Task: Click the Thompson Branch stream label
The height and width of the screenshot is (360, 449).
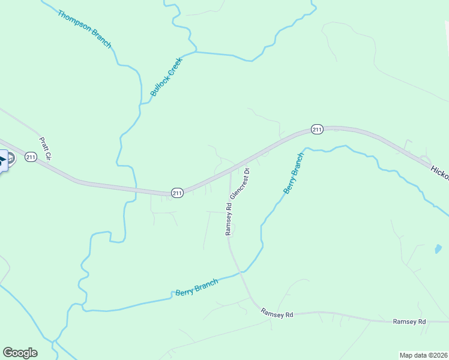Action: pyautogui.click(x=85, y=29)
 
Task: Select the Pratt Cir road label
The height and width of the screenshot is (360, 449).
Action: pyautogui.click(x=46, y=149)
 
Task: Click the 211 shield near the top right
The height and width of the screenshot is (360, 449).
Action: pyautogui.click(x=318, y=129)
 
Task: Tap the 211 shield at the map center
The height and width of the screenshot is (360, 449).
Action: pyautogui.click(x=177, y=193)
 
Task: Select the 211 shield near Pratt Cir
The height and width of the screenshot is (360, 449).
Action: pyautogui.click(x=31, y=157)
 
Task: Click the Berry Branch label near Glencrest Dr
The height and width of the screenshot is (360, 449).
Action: pyautogui.click(x=294, y=173)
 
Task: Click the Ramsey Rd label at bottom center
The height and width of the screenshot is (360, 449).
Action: pyautogui.click(x=277, y=314)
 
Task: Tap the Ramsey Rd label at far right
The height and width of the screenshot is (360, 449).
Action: pyautogui.click(x=409, y=322)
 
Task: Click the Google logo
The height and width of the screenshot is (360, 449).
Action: pyautogui.click(x=20, y=353)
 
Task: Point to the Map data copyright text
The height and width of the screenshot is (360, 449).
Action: pyautogui.click(x=423, y=355)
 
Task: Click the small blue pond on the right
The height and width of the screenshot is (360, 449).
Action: pyautogui.click(x=437, y=249)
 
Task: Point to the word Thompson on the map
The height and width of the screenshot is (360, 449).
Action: pyautogui.click(x=75, y=21)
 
